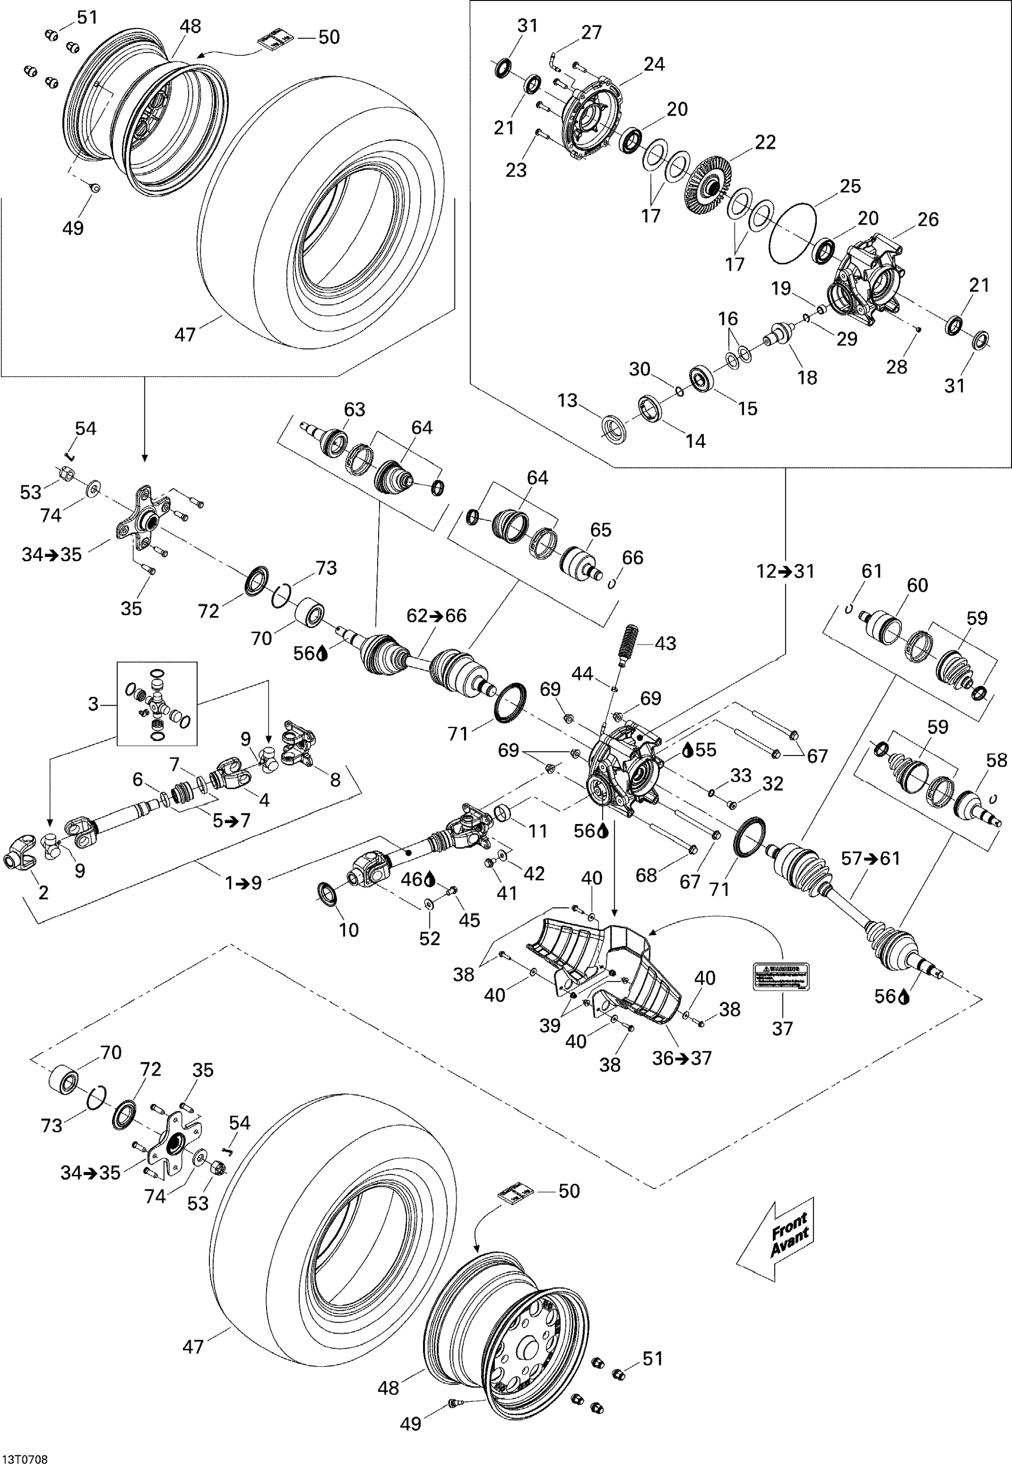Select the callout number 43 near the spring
665,643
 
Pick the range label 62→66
437,616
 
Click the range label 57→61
871,858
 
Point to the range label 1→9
244,883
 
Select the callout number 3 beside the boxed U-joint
94,704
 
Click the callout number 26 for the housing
928,220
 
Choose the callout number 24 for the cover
654,64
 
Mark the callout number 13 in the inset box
567,400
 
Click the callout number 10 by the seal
349,930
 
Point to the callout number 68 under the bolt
646,875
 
